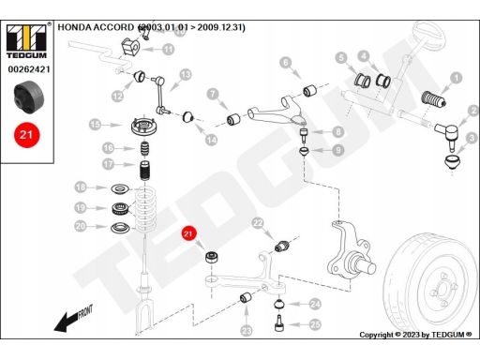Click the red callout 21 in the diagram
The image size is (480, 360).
click(x=187, y=234)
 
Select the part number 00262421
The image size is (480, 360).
click(x=28, y=68)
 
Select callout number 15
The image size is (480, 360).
click(x=95, y=124)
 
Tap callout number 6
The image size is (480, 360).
click(x=287, y=63)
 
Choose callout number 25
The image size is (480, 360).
click(x=314, y=324)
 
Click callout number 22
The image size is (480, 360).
click(x=258, y=222)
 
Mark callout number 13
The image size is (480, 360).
click(x=186, y=74)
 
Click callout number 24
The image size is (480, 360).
click(x=315, y=304)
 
